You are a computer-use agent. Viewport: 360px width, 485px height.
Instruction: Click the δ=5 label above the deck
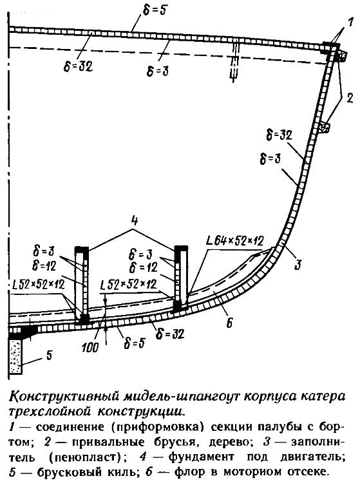pos(155,10)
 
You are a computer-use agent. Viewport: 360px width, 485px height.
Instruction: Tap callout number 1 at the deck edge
pos(350,23)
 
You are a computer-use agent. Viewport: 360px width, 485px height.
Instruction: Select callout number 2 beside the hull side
pos(350,98)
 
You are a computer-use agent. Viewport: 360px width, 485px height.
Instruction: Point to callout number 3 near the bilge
pos(298,265)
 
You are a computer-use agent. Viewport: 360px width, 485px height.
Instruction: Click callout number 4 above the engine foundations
pos(134,220)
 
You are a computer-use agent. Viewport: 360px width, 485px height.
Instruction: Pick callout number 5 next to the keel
pos(49,354)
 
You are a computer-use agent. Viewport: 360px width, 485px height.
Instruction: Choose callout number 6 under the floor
pos(229,323)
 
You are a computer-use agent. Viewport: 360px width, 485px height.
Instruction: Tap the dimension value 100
pos(90,347)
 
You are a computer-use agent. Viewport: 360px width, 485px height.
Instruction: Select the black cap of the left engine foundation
pos(82,249)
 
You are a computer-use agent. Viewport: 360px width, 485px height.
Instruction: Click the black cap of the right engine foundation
pos(181,248)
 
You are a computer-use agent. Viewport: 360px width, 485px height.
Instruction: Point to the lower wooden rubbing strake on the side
pos(324,127)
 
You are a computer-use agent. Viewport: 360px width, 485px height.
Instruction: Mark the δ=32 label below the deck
pos(79,65)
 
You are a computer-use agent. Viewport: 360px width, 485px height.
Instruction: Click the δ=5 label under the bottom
pos(134,343)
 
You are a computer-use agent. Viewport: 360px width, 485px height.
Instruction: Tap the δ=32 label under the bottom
pos(170,334)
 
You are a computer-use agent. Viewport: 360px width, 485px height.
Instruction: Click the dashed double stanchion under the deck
pos(235,62)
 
